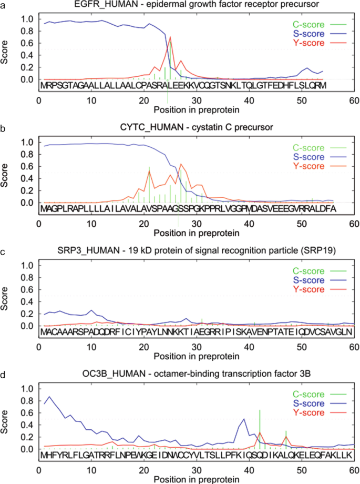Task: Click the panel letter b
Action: point(3,128)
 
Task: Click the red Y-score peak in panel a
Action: point(170,37)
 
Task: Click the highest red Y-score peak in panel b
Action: point(181,164)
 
